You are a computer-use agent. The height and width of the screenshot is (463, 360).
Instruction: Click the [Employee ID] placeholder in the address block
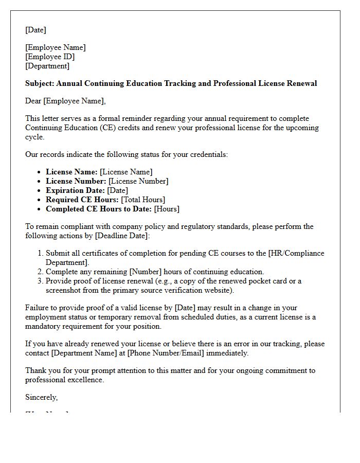click(x=50, y=57)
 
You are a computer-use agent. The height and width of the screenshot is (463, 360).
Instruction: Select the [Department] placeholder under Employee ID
click(x=47, y=66)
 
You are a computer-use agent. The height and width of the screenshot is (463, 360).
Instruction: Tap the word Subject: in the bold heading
click(x=40, y=83)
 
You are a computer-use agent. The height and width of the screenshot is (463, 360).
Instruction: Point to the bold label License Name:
click(x=71, y=172)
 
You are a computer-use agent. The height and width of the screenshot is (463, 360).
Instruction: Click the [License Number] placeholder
click(x=138, y=181)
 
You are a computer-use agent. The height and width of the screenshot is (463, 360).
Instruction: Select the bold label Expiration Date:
click(x=75, y=190)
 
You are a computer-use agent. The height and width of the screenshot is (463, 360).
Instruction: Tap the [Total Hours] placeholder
click(x=143, y=200)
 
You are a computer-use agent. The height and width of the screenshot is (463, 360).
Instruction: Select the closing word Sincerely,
click(x=42, y=397)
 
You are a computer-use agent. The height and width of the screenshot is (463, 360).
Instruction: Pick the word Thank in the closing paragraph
click(x=36, y=370)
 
